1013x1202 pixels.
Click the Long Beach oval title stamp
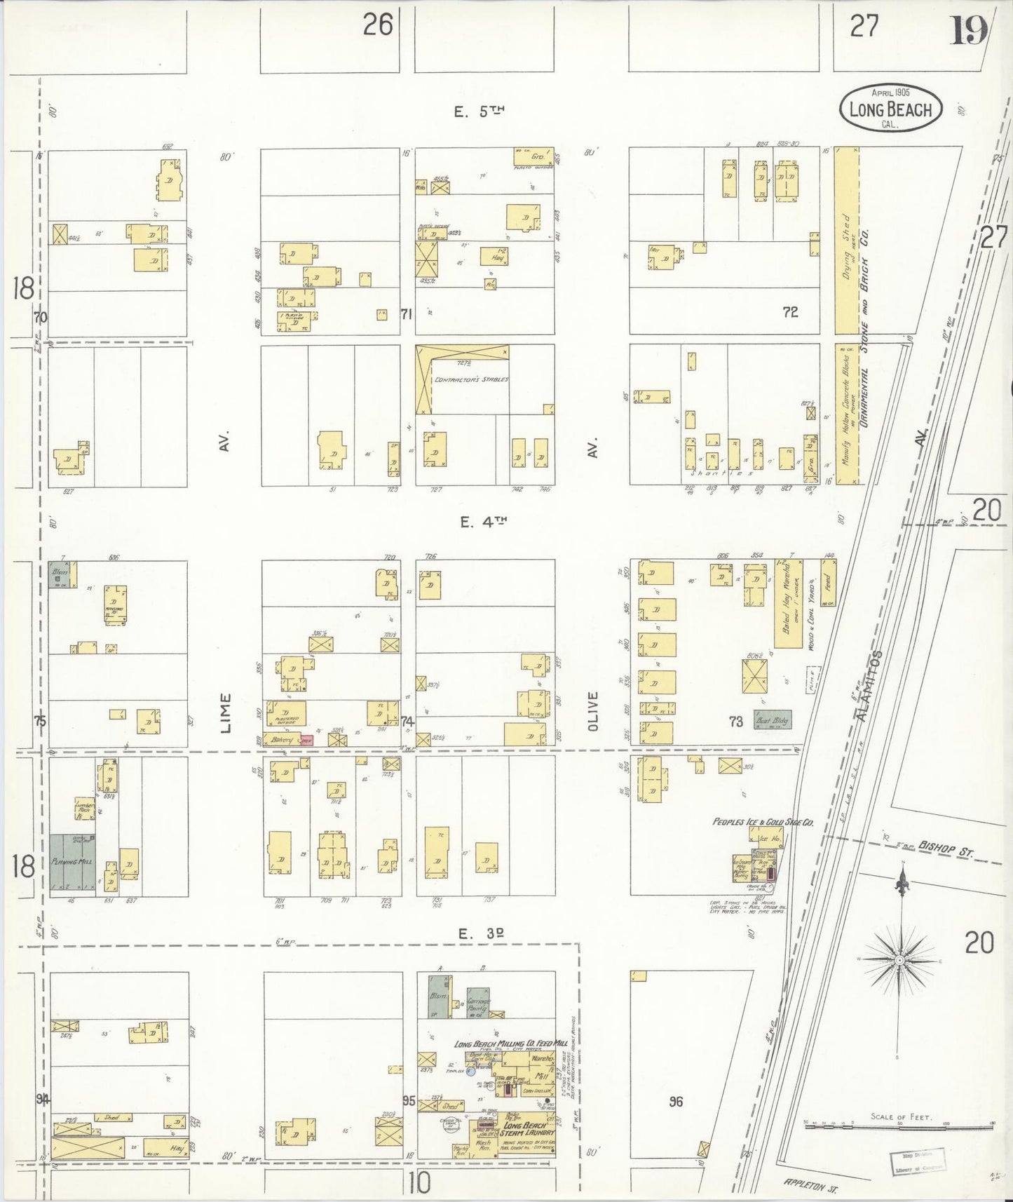point(890,109)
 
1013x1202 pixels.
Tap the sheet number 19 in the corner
point(969,30)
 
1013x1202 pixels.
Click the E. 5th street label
point(480,111)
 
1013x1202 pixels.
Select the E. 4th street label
point(483,521)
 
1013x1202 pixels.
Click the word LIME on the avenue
point(225,713)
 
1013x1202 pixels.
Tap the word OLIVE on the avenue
point(593,711)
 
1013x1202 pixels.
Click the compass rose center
point(899,959)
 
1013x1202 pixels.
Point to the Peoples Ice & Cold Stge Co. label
point(763,821)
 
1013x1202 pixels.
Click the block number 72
point(790,313)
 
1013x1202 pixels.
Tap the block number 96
point(675,1102)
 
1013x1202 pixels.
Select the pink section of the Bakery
point(307,739)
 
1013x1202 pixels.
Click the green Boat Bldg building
point(772,720)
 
